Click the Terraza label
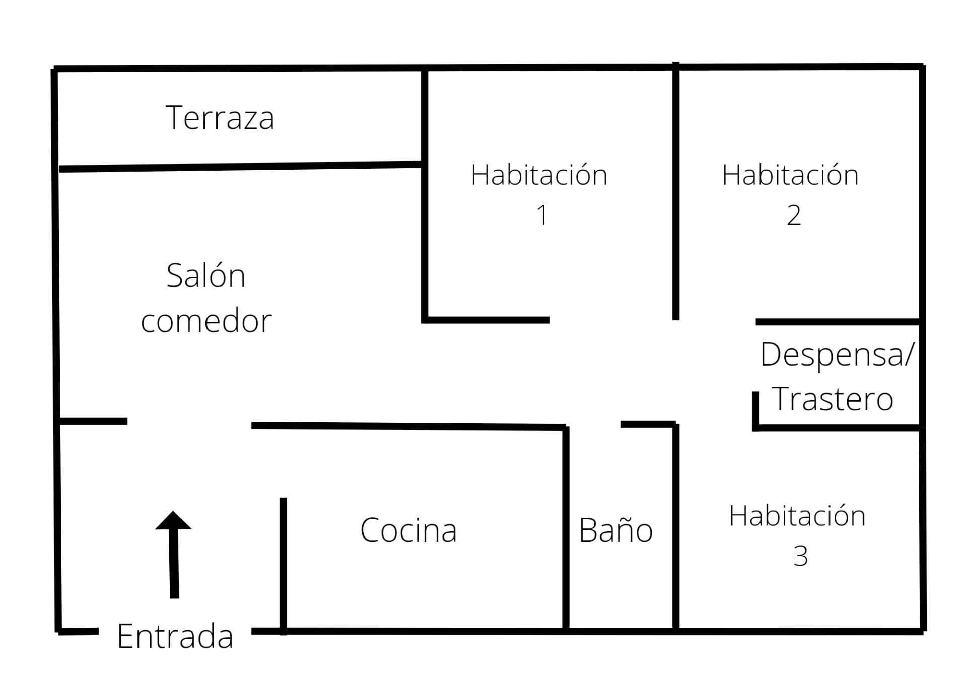click(220, 118)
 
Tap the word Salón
click(206, 276)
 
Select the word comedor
click(206, 321)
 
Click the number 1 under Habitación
click(542, 215)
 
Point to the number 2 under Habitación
click(794, 215)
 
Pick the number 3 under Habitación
click(800, 556)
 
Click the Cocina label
click(408, 530)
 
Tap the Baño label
click(615, 530)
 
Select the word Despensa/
click(836, 355)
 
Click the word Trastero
click(833, 399)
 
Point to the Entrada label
click(175, 636)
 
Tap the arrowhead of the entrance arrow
click(173, 521)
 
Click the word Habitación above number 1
click(539, 175)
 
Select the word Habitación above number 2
click(790, 175)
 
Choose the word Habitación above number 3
click(797, 516)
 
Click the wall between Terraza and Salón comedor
click(241, 167)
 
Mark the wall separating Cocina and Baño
click(566, 528)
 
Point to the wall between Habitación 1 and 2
click(675, 191)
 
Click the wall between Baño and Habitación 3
click(675, 528)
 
